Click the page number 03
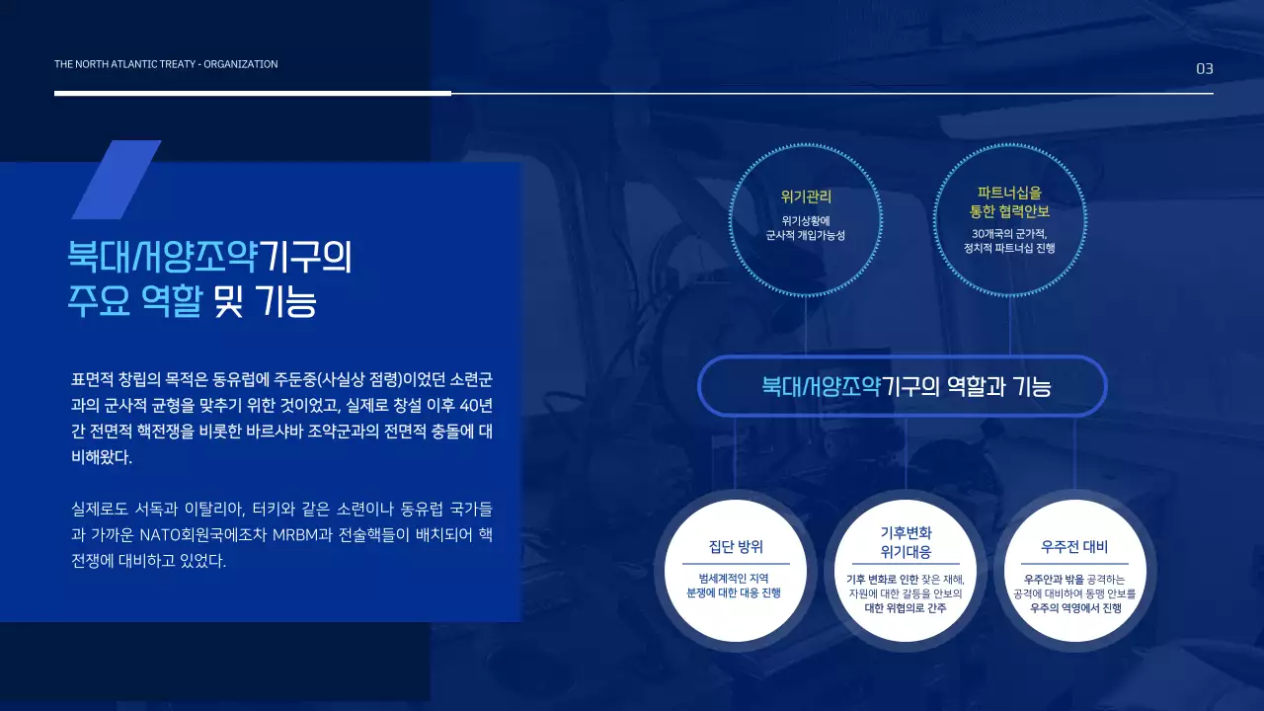(1204, 68)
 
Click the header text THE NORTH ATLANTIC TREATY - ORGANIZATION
(166, 64)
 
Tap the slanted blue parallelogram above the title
(116, 180)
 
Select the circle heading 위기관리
(806, 197)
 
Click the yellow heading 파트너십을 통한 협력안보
(1009, 202)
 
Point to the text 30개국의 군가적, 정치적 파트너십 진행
(1009, 241)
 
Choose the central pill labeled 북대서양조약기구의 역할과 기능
(903, 385)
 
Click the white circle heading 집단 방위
(736, 546)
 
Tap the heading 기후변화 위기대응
(906, 542)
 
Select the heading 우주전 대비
(1074, 546)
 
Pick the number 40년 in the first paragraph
(476, 406)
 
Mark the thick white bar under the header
(253, 93)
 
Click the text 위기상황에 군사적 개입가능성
(806, 228)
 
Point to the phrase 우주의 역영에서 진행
(1074, 608)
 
